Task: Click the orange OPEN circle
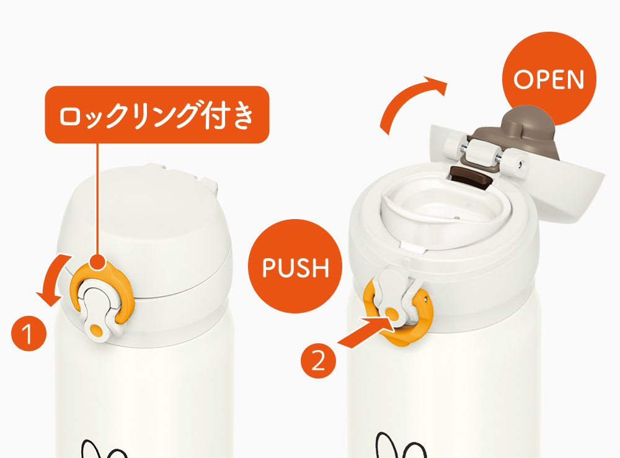(x=549, y=79)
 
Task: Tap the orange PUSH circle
(x=295, y=266)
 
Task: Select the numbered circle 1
(x=29, y=333)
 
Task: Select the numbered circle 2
(x=318, y=361)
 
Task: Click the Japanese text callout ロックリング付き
(x=157, y=115)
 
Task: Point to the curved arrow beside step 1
(x=51, y=277)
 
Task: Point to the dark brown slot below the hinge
(x=471, y=178)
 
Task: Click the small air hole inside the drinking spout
(x=457, y=218)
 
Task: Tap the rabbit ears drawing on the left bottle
(x=104, y=448)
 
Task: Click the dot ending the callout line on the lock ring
(x=97, y=262)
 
